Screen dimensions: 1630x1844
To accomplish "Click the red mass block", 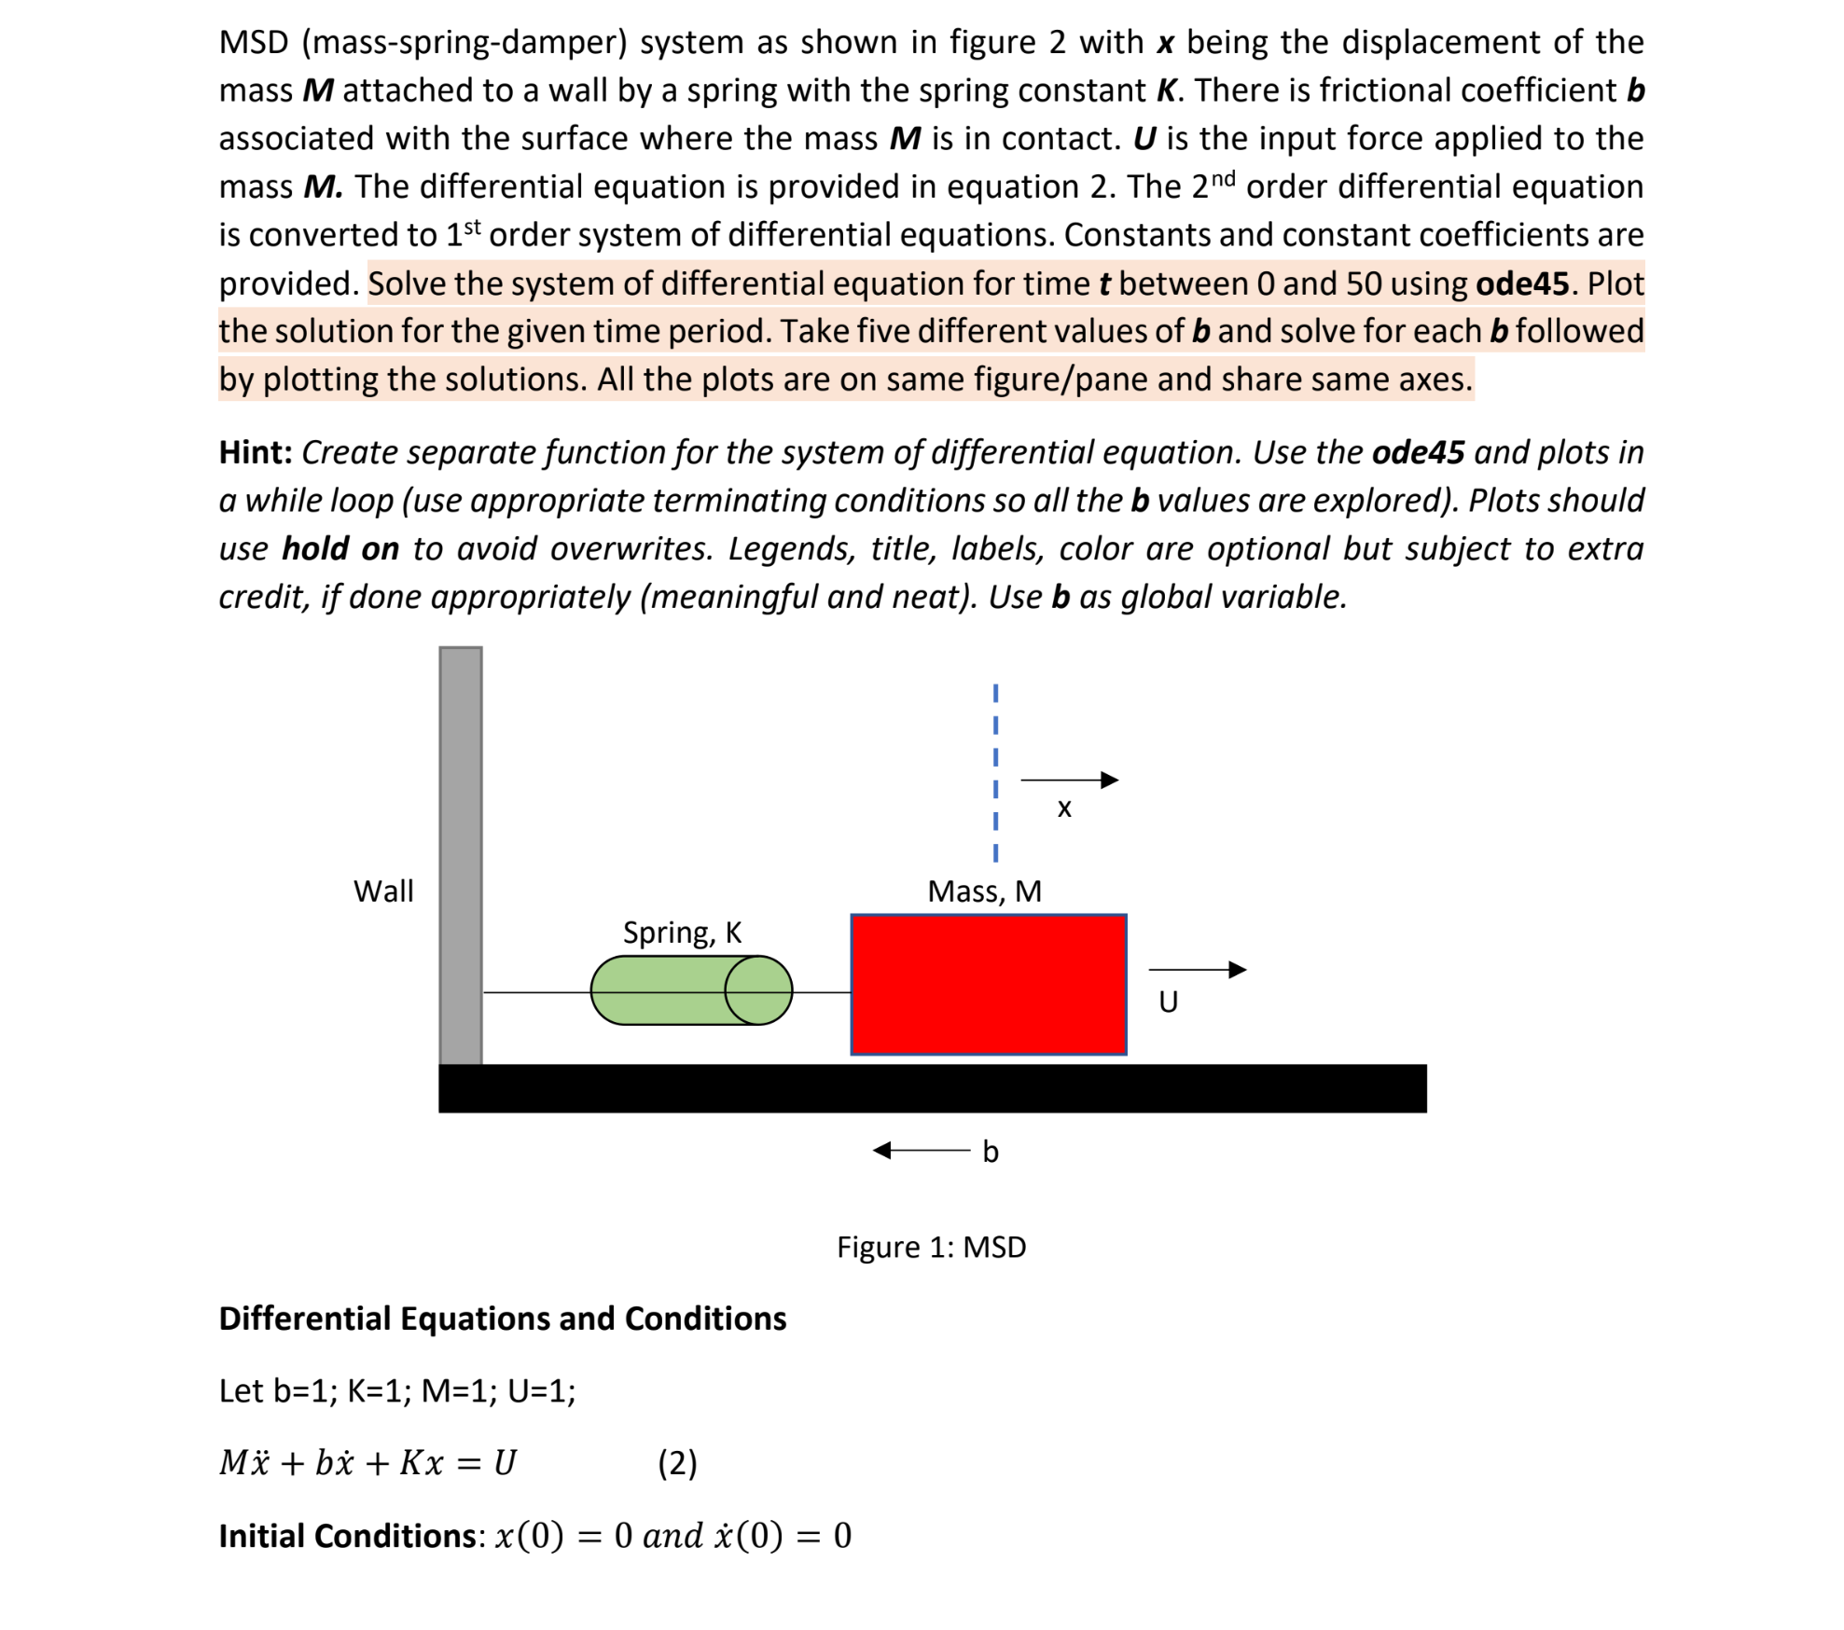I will [988, 984].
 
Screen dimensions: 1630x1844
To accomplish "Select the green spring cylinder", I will [690, 989].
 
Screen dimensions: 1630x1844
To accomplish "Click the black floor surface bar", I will [932, 1087].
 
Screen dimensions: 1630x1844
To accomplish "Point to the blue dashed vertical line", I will [995, 772].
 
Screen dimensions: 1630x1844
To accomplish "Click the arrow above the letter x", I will [1069, 780].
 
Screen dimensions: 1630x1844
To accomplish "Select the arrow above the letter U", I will [1197, 970].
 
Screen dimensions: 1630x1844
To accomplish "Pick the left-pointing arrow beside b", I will [921, 1150].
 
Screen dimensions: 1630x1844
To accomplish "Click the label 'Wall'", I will [383, 891].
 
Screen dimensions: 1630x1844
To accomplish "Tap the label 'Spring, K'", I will [682, 932].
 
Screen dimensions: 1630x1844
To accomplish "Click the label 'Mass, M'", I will [984, 891].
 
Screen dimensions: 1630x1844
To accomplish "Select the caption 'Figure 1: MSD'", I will [931, 1247].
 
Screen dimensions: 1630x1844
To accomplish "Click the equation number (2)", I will [677, 1462].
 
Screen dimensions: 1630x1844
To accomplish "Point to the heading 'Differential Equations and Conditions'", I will [502, 1319].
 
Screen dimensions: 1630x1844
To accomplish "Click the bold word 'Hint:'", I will [256, 452].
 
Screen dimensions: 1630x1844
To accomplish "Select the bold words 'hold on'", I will [340, 548].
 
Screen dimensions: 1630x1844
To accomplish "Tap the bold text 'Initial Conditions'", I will [347, 1536].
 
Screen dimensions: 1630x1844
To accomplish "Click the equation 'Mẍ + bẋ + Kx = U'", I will [367, 1462].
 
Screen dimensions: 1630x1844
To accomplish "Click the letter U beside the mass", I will [1168, 1001].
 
